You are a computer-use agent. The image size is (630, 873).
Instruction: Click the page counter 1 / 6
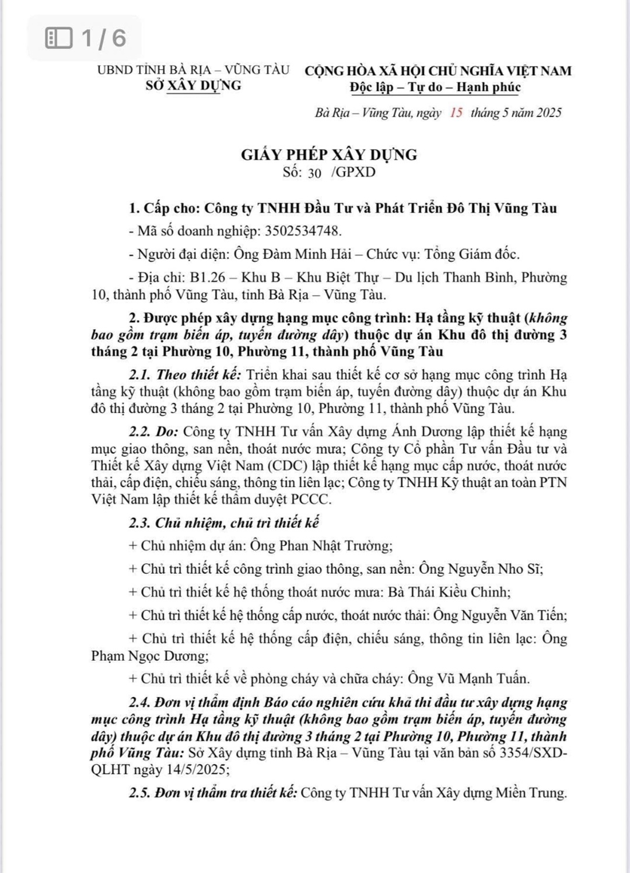[x=103, y=38]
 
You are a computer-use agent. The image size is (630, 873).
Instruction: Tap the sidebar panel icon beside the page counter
[x=59, y=38]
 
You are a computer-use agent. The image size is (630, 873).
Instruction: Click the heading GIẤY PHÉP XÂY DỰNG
[x=329, y=155]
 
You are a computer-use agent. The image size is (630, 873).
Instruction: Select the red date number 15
[x=456, y=113]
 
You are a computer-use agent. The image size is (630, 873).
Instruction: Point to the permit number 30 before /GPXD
[x=314, y=173]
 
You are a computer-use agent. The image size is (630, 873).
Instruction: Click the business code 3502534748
[x=302, y=231]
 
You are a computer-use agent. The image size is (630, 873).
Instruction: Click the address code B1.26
[x=207, y=278]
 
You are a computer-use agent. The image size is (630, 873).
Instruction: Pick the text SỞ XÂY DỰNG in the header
[x=193, y=86]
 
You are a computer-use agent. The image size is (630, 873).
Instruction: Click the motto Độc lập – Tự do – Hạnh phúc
[x=435, y=87]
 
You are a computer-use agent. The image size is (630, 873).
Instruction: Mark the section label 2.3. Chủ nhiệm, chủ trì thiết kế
[x=224, y=523]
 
